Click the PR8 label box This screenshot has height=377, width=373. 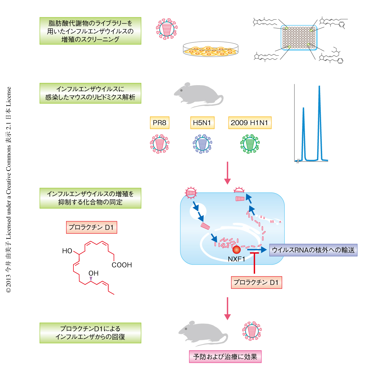point(159,123)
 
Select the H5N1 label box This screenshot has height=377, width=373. point(202,123)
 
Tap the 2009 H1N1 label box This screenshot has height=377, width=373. point(250,123)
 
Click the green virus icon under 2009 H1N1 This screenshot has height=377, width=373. point(250,144)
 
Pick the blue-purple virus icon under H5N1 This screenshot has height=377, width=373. point(202,144)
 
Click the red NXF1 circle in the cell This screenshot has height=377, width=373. point(236,249)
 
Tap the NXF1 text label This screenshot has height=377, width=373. point(236,259)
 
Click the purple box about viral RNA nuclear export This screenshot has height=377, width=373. point(313,250)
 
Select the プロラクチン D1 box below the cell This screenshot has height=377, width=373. point(256,282)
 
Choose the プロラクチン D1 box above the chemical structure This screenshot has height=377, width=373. point(91,227)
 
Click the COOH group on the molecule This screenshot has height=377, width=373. point(122,265)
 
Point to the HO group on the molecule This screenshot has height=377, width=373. point(67,251)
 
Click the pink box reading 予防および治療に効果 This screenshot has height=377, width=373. point(225,357)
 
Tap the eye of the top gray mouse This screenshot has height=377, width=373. point(182,90)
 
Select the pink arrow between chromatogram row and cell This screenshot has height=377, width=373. point(227,173)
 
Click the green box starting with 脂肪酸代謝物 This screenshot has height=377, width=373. point(90,31)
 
